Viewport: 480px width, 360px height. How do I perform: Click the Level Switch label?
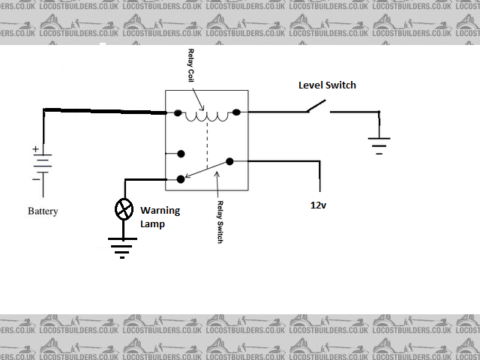327,85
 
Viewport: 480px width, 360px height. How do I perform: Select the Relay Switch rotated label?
220,220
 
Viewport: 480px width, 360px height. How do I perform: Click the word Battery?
43,211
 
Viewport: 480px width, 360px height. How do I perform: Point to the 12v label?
319,205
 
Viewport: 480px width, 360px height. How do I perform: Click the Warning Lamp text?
160,217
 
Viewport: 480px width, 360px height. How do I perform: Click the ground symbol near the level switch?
379,144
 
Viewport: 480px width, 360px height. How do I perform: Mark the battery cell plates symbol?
42,163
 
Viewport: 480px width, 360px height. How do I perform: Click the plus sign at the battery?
35,149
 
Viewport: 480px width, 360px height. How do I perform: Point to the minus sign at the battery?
35,179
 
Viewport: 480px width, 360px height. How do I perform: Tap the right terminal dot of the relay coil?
236,112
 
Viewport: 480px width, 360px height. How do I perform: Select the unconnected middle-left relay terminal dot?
181,154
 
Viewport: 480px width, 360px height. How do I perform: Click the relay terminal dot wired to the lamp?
181,179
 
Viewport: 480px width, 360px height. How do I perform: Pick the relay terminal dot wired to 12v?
229,160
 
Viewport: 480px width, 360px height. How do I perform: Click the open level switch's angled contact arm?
316,106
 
